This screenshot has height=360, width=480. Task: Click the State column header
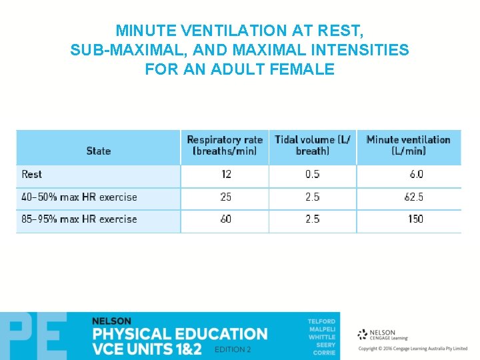point(98,151)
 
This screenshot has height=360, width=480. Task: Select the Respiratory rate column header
point(225,145)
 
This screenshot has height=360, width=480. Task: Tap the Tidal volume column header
point(313,145)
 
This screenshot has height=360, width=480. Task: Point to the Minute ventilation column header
point(408,145)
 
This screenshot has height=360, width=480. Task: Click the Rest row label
point(31,175)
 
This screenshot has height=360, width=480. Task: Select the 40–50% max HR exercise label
point(79,197)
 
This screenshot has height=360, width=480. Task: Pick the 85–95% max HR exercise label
point(79,219)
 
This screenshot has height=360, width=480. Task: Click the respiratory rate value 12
point(226,175)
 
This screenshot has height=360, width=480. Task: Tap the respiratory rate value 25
point(226,197)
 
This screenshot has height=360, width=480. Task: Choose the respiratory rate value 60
point(226,219)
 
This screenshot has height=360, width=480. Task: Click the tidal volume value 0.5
point(312,175)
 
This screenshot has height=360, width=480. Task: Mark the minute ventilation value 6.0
point(416,175)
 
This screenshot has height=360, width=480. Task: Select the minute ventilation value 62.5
point(413,197)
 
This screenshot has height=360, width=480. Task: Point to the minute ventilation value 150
point(415,219)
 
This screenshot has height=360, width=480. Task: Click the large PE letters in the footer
point(33,337)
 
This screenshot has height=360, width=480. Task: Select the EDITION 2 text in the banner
point(233,350)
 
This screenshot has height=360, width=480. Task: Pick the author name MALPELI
point(321,329)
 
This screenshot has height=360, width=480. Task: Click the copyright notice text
point(413,349)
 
